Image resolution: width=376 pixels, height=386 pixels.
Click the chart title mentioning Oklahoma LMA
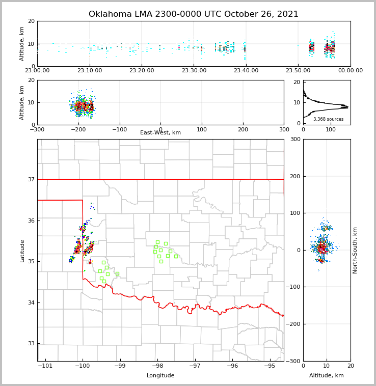pos(194,14)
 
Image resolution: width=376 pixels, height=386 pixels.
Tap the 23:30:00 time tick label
pos(194,71)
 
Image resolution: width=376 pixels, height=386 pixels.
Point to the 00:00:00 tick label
pos(350,71)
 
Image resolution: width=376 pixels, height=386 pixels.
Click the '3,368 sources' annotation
pos(328,119)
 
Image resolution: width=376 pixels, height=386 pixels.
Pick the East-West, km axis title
pos(160,133)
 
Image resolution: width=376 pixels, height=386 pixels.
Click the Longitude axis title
pos(160,376)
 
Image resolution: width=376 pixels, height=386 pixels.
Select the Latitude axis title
pos(22,251)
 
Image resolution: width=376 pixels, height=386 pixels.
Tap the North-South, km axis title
pos(355,250)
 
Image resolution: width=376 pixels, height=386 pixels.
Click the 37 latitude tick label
pos(31,179)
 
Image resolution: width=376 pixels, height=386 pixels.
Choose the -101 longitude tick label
pos(45,366)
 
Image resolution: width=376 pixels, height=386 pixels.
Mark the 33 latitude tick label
pos(31,344)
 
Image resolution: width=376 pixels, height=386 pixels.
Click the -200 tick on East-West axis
pos(78,129)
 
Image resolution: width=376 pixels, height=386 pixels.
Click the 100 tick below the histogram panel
pos(331,129)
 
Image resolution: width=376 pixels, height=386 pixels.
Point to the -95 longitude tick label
pos(270,366)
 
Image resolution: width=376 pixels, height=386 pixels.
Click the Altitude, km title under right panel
pos(327,376)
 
